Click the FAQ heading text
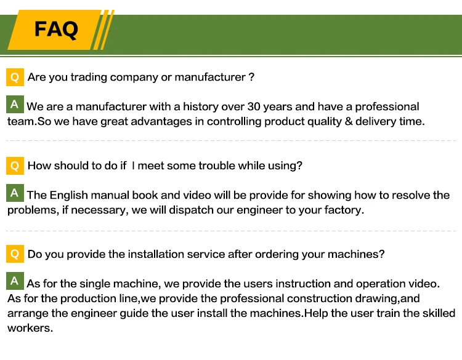56,29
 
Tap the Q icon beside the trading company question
15,78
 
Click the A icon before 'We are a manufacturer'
15,104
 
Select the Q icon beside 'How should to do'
15,166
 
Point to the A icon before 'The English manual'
15,193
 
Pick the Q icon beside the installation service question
15,254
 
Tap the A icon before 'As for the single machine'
15,281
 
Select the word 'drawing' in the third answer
378,298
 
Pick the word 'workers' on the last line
29,328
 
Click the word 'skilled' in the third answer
437,313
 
